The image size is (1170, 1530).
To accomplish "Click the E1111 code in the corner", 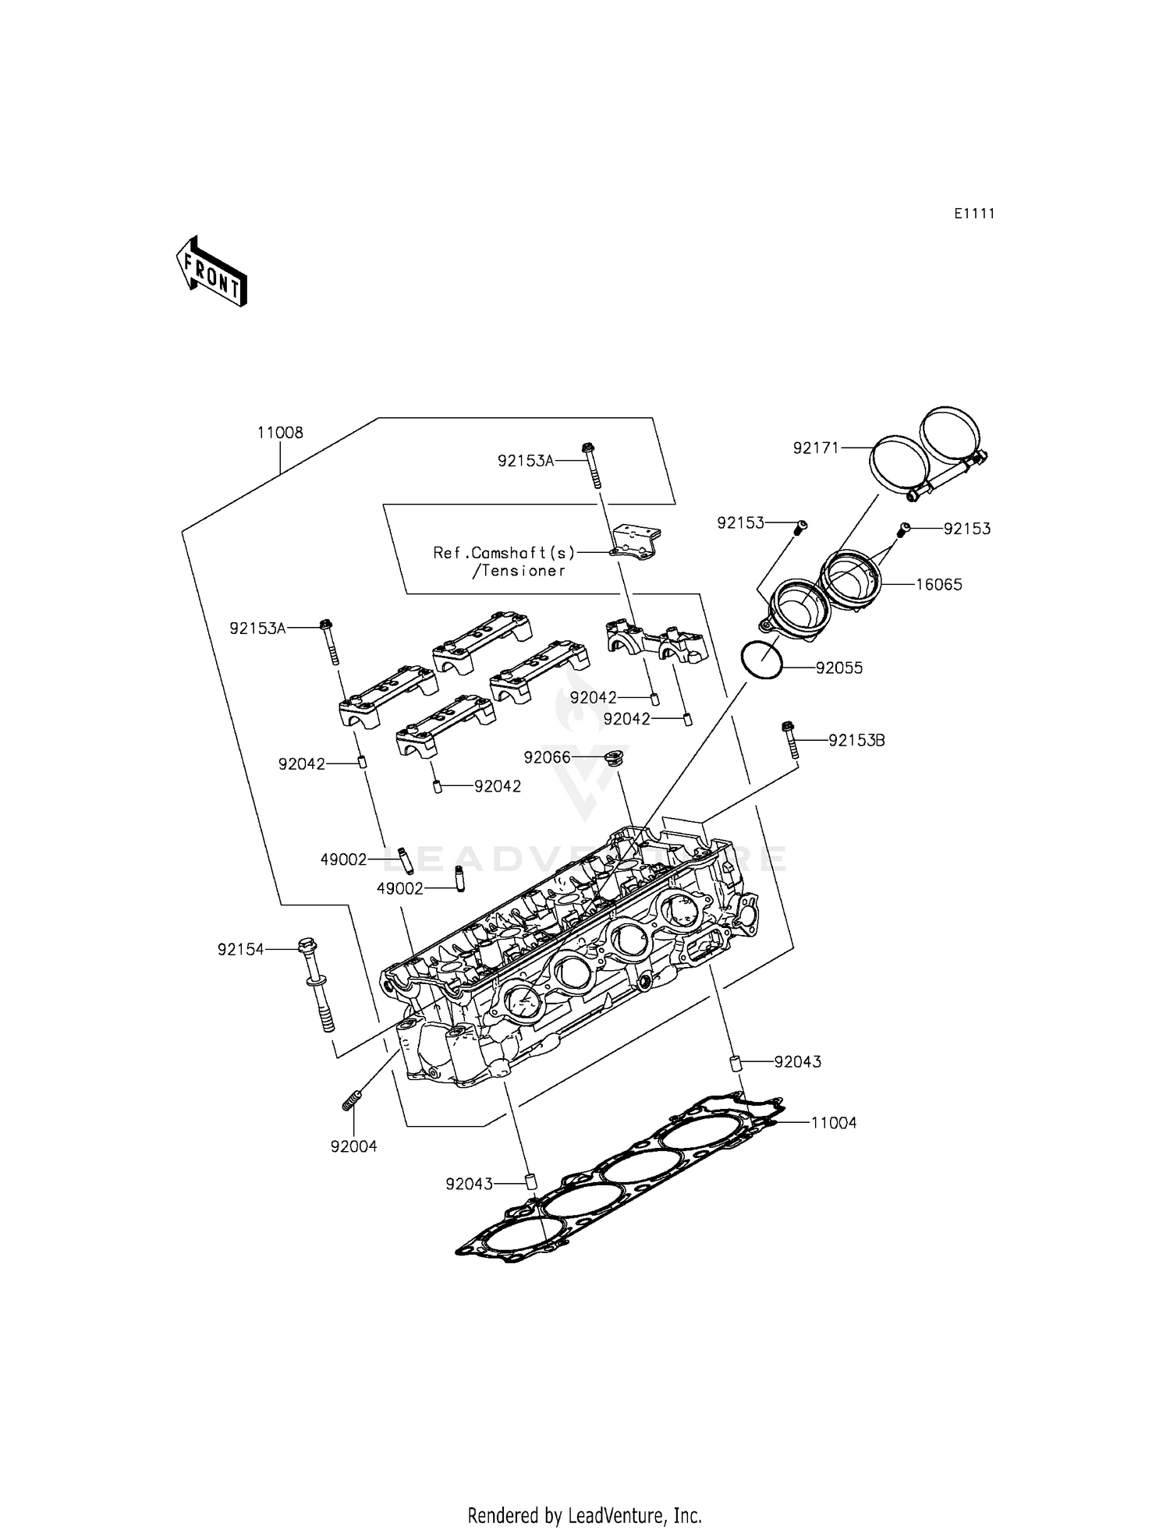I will tap(974, 214).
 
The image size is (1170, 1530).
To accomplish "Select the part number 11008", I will tap(280, 433).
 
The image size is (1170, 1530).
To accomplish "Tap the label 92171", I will tap(816, 448).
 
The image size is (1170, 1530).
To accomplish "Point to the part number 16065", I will tap(939, 584).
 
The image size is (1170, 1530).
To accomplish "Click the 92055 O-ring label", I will tap(839, 668).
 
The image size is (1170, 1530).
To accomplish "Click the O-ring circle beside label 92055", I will tap(762, 660).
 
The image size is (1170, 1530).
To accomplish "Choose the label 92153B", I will tap(856, 741).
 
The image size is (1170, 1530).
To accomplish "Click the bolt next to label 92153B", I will tap(790, 738).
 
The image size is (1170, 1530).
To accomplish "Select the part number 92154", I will tap(241, 950).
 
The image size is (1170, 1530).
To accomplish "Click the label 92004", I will tap(353, 1146).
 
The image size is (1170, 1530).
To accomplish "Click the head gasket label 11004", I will tap(833, 1123).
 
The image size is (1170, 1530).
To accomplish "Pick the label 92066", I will tap(547, 757).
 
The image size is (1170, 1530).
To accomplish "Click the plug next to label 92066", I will tap(615, 758).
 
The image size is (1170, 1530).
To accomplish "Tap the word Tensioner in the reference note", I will tap(523, 571).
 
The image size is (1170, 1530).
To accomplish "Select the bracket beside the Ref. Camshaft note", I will tap(636, 541).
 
